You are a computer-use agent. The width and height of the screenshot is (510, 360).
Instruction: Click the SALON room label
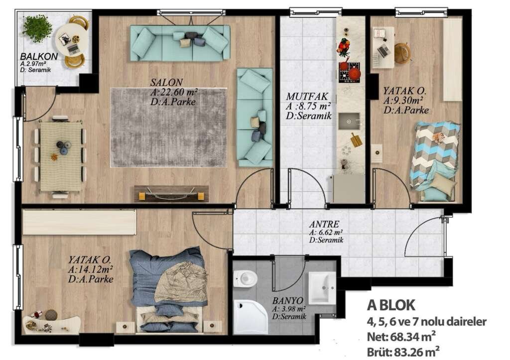167,82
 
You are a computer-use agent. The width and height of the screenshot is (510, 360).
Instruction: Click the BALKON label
39,56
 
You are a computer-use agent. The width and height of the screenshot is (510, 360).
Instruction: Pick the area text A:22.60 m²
174,93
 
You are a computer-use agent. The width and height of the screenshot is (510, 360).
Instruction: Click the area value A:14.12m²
91,269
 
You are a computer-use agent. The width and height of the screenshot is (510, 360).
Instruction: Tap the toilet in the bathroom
246,278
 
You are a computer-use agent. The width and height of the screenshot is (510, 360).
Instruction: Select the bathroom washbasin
322,287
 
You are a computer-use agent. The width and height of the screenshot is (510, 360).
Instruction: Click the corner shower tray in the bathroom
250,316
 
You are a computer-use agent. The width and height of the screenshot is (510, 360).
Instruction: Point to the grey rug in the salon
168,127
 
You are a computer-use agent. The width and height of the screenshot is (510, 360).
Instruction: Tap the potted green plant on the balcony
37,28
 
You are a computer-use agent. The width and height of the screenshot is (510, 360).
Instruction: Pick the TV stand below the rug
171,194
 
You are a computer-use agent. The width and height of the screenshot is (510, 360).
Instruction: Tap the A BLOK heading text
391,305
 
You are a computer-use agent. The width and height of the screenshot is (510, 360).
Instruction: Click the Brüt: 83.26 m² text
403,352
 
